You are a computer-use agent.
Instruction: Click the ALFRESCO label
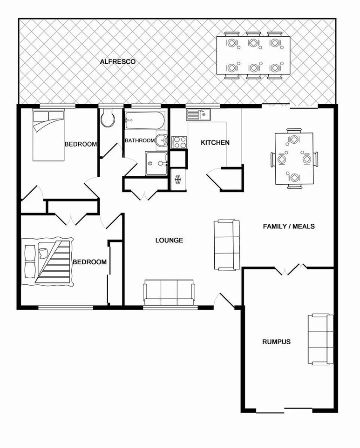tap(117, 61)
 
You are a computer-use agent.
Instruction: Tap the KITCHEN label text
tap(215, 142)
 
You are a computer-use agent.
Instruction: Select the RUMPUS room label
tap(276, 341)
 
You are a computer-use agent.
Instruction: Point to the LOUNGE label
tap(169, 241)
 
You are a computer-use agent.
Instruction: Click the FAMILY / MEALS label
tap(289, 227)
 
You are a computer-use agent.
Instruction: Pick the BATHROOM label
tap(139, 140)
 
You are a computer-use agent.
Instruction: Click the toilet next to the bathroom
tap(108, 118)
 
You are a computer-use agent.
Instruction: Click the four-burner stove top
tap(179, 142)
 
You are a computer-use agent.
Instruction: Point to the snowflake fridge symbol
tap(177, 179)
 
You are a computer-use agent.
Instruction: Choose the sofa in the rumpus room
tap(320, 339)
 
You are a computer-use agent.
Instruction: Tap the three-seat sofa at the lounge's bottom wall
tap(169, 293)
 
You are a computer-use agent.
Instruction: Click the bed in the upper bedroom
tap(48, 135)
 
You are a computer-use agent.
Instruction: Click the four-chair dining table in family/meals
tap(294, 159)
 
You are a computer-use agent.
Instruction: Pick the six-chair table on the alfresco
tap(253, 56)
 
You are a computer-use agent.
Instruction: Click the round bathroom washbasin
tap(162, 139)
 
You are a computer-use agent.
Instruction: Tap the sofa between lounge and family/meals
tap(227, 244)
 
